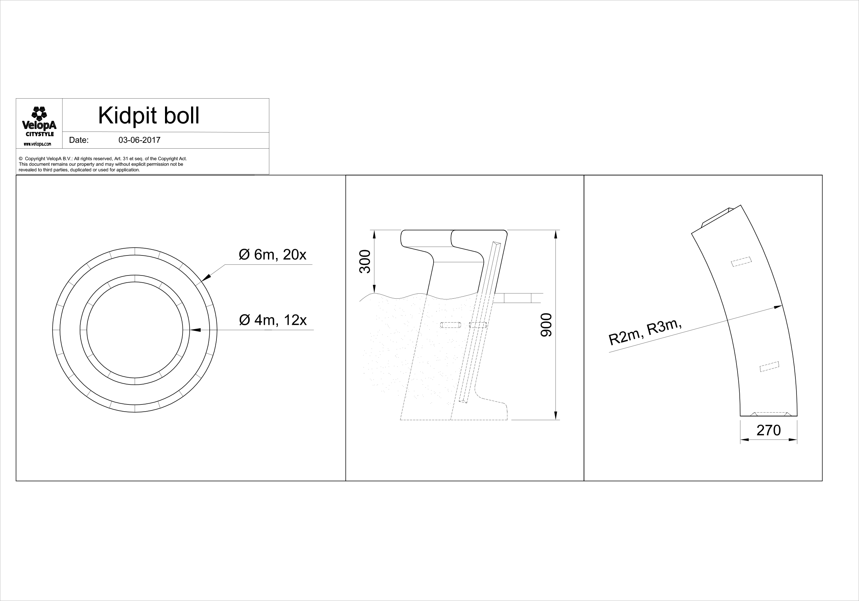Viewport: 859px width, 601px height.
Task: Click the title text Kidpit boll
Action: pos(149,116)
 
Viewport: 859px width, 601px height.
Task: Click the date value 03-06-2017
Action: pos(139,140)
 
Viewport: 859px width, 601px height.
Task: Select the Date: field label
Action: pos(79,140)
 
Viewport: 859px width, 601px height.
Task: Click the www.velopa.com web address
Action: pos(38,144)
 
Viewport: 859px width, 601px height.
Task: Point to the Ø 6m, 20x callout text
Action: pos(273,255)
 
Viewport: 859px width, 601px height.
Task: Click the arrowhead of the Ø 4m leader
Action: pos(195,330)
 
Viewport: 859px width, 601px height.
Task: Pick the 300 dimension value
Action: pos(365,262)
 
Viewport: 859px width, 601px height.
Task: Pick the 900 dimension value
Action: pos(546,325)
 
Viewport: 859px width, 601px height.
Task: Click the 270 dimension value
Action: pos(769,431)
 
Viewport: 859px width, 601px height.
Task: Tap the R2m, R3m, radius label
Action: pos(644,332)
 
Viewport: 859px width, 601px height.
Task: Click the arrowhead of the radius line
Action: pos(778,307)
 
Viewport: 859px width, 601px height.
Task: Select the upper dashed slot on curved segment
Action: pos(741,262)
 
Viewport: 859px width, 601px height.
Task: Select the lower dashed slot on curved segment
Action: pos(769,367)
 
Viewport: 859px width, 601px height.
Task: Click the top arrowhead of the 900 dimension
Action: pos(555,235)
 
